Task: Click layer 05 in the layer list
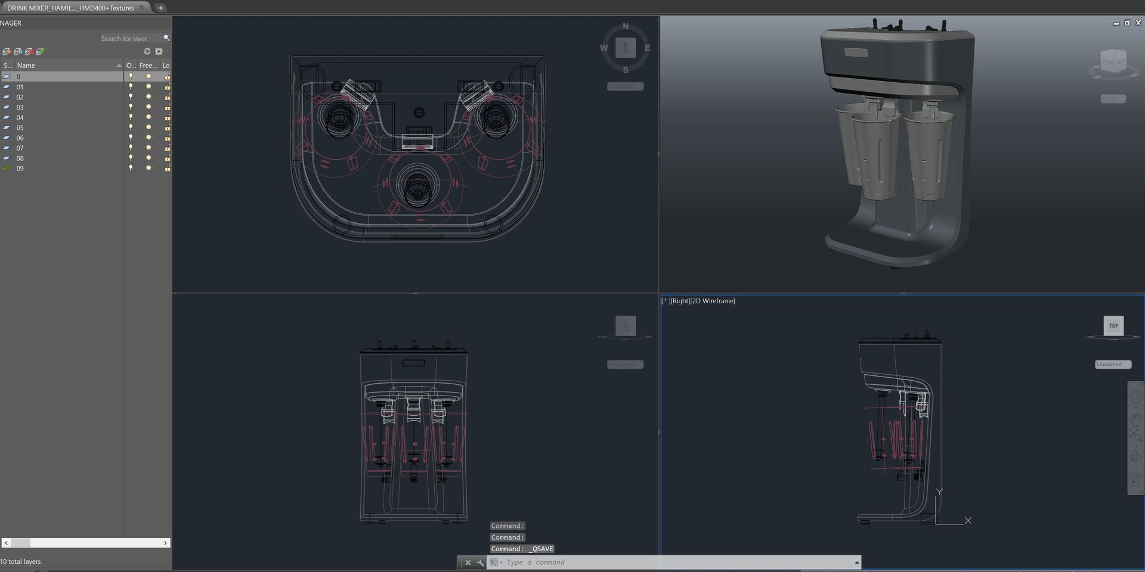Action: point(20,128)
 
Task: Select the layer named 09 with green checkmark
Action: point(20,169)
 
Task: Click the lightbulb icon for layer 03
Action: point(131,107)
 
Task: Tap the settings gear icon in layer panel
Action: point(159,51)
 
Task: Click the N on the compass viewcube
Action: point(626,26)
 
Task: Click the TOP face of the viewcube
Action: point(1113,326)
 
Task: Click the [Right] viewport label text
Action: point(679,301)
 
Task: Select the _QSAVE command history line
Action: point(522,549)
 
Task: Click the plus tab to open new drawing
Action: point(160,8)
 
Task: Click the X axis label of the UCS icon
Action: point(968,521)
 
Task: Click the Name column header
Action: point(26,66)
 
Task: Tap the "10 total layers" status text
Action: point(21,561)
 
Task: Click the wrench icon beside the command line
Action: point(481,562)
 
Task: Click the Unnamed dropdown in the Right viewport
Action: point(1112,364)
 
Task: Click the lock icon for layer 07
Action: point(168,148)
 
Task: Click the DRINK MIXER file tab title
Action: point(70,8)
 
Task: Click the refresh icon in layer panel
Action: point(147,51)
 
